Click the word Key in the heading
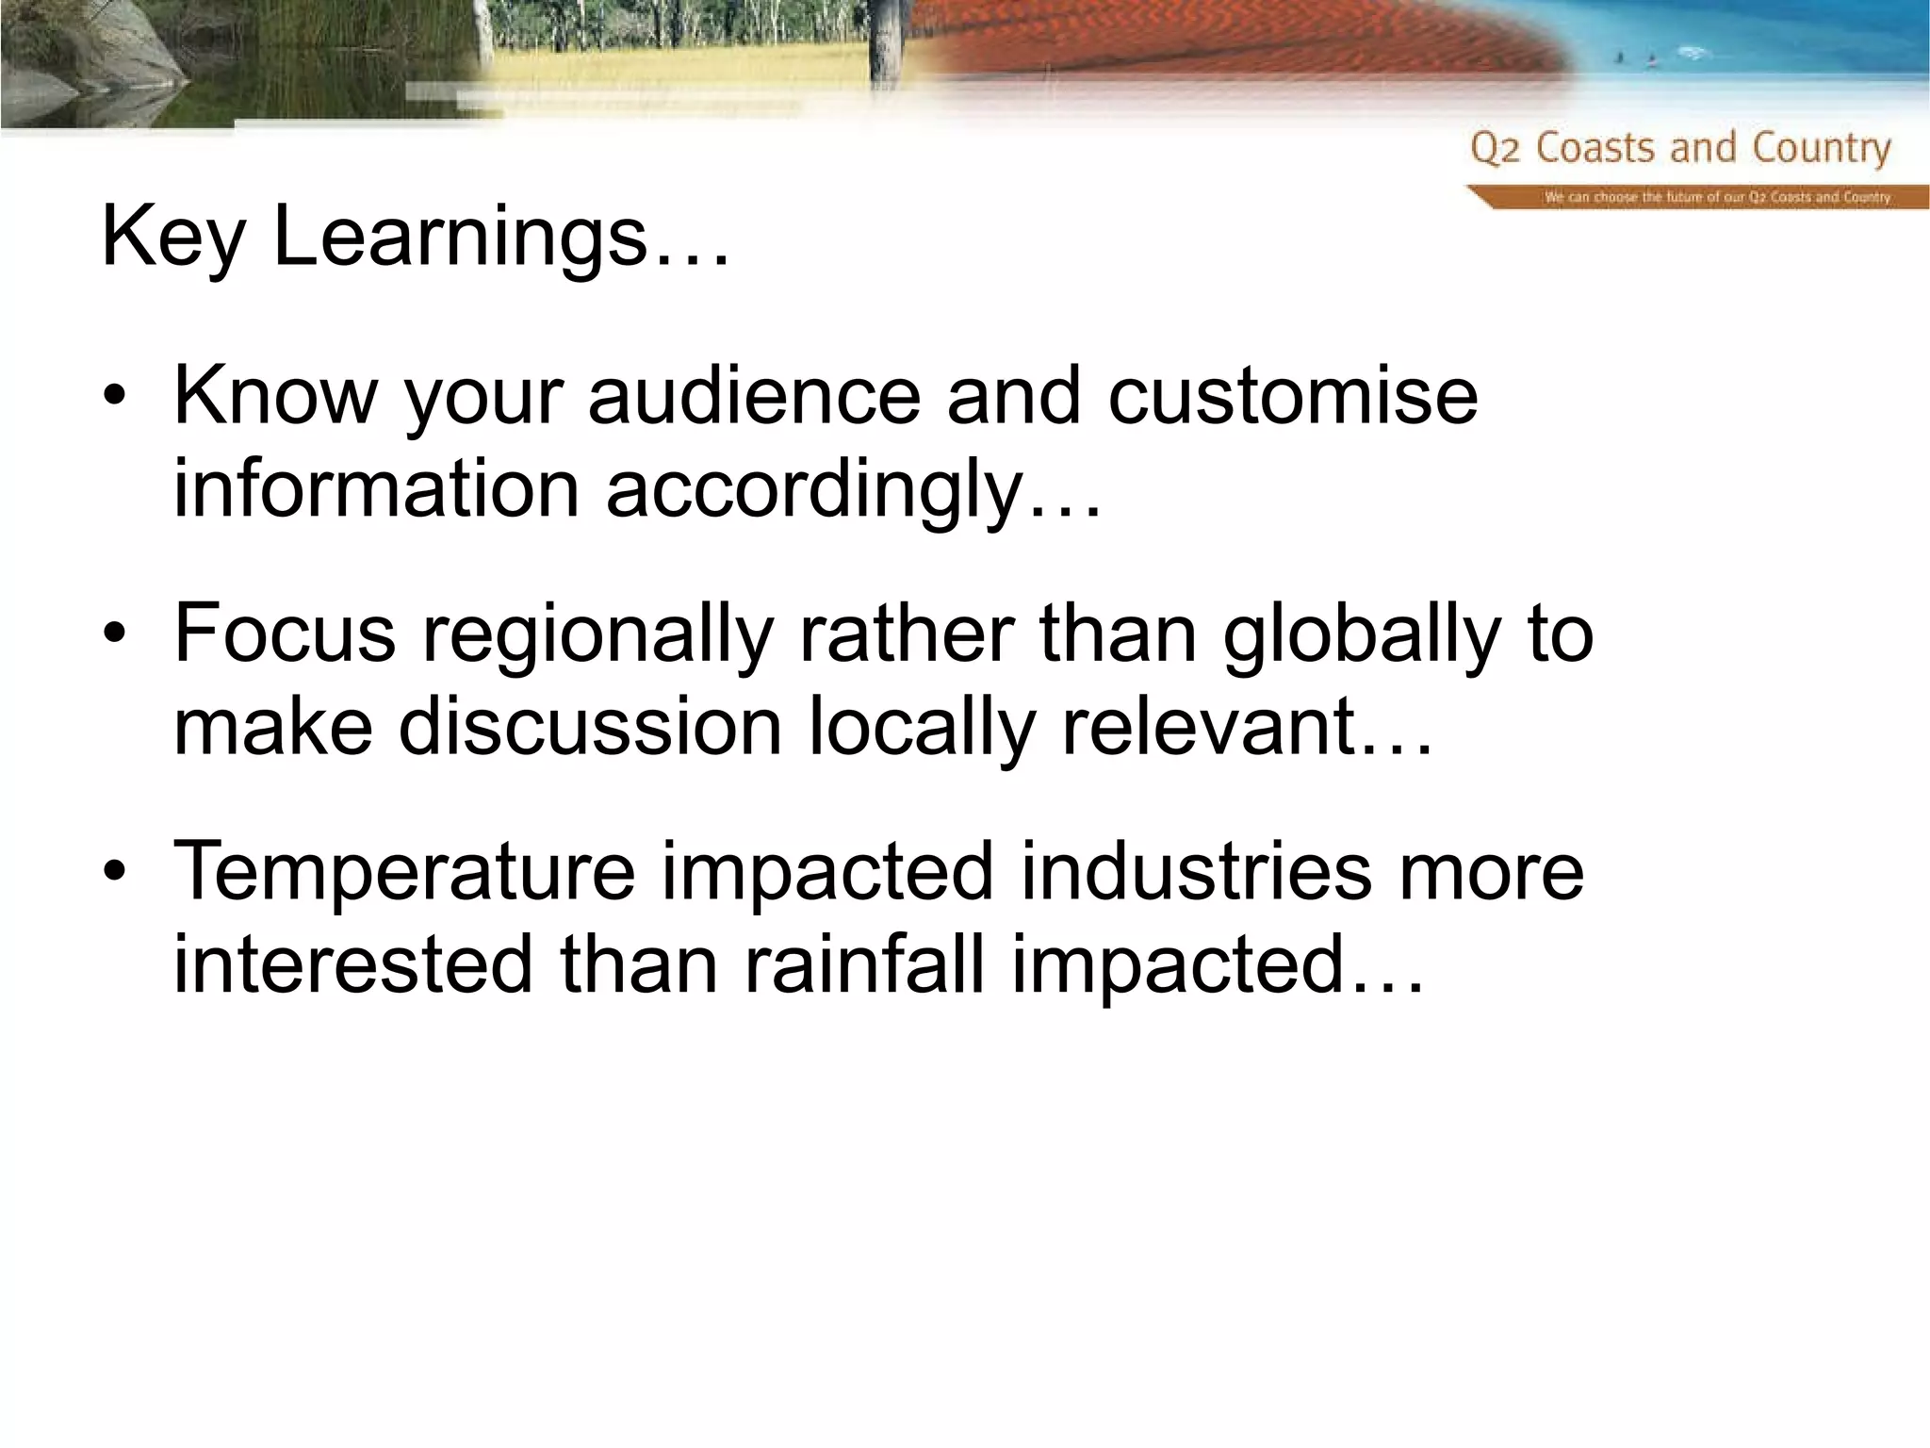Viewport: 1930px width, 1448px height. tap(172, 238)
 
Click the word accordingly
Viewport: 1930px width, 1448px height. tap(853, 492)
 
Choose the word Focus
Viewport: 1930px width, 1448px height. tap(285, 633)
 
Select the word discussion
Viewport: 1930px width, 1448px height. tap(590, 728)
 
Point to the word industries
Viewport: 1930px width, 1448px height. tap(1196, 871)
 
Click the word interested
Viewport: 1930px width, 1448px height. tap(353, 965)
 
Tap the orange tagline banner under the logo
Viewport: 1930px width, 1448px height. tap(1696, 197)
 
